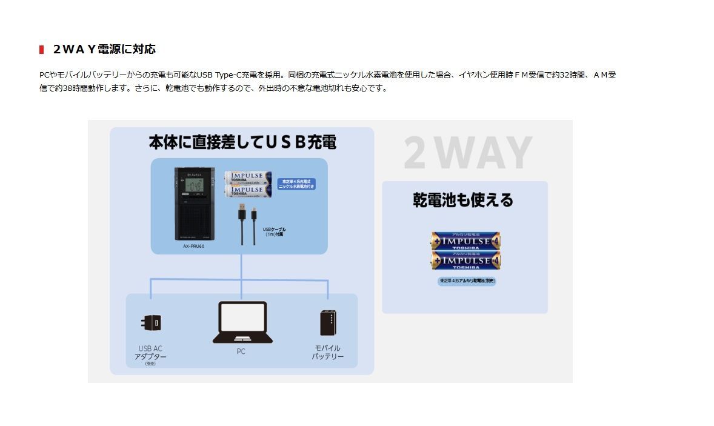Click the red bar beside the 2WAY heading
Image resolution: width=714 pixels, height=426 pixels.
click(41, 49)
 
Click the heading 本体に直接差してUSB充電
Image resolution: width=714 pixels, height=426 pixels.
click(242, 142)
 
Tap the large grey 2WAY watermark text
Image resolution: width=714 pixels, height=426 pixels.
click(467, 153)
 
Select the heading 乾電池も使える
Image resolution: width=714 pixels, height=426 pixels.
click(463, 200)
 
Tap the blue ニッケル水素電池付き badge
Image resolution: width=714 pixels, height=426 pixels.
click(296, 184)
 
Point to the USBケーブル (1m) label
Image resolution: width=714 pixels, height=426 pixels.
click(274, 231)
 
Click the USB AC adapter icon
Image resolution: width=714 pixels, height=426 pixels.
click(150, 323)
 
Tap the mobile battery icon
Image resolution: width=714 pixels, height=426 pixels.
click(328, 323)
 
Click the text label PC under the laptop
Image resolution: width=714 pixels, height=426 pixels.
click(241, 351)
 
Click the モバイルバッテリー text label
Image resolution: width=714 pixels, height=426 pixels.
click(327, 353)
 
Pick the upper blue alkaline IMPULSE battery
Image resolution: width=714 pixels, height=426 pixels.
click(465, 241)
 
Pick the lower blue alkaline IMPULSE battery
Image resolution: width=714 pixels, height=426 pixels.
click(465, 261)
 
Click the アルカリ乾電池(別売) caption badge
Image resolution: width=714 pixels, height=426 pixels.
click(467, 281)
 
